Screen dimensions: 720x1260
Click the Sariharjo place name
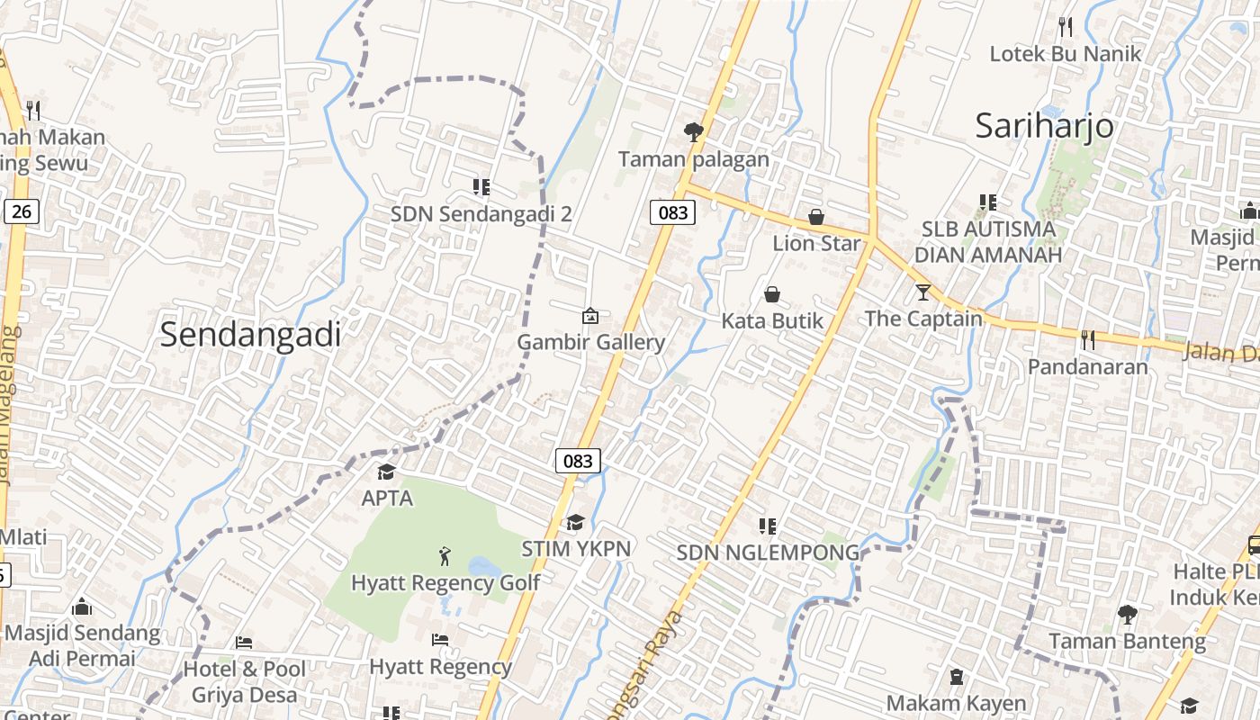1044,126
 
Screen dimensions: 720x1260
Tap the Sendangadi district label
250,335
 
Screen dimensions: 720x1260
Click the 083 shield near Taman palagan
672,212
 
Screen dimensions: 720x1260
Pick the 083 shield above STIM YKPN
577,461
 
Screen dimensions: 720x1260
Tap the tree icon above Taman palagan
693,132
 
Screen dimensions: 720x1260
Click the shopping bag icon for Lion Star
816,217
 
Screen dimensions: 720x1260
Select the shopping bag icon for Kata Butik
772,294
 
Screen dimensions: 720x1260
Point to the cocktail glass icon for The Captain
923,292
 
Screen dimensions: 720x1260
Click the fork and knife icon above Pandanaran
1088,339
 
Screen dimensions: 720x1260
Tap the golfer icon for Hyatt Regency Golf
445,556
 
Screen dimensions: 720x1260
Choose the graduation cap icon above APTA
387,472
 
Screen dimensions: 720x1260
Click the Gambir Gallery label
590,342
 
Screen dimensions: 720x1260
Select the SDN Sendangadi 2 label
481,214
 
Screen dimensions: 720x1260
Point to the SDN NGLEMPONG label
768,552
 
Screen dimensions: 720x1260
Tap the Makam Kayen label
956,703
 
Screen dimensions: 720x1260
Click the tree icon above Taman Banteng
1127,615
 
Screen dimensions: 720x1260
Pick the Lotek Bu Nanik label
1065,53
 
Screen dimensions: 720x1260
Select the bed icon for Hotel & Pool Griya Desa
244,643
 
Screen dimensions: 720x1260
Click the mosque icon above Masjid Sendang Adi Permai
82,607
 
